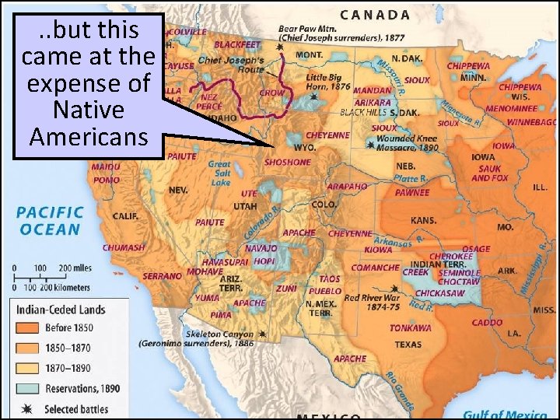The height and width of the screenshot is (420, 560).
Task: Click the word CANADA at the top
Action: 376,14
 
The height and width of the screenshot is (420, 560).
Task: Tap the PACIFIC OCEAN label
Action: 50,220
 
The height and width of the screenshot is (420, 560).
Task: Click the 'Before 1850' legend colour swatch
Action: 27,327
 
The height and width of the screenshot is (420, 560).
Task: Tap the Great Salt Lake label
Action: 219,173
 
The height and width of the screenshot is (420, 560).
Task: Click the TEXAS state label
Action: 408,345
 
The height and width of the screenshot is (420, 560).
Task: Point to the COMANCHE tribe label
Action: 376,268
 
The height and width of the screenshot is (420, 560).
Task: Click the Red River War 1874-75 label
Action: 372,303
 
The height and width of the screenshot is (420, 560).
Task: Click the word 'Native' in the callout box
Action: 87,110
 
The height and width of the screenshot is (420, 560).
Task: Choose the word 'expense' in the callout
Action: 87,83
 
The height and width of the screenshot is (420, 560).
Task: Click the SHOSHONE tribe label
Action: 288,163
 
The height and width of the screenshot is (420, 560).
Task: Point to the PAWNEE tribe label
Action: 411,192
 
